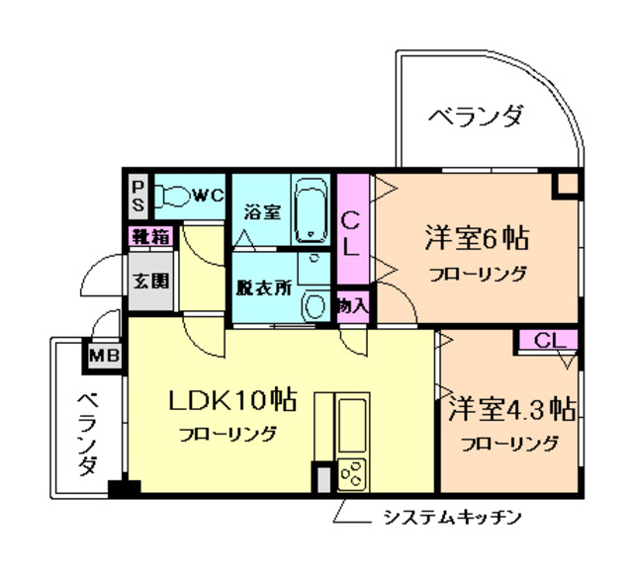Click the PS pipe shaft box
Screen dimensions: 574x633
coord(138,195)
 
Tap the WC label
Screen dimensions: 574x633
coord(208,196)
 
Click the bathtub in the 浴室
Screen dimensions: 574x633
coord(313,209)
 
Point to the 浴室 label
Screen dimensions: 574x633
coord(262,211)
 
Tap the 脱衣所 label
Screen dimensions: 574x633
coord(263,289)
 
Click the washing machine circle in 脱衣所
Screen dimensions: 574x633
coord(314,305)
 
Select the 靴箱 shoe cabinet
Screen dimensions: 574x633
coord(151,237)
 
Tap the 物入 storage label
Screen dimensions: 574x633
coord(352,303)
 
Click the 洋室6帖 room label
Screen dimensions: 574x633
coord(476,238)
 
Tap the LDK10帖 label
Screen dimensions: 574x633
coord(233,400)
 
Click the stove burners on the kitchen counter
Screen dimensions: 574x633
coord(352,473)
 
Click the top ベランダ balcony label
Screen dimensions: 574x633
coord(475,117)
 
